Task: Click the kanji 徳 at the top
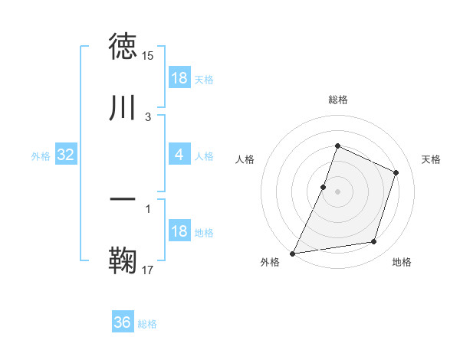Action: pyautogui.click(x=123, y=47)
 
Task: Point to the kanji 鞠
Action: pyautogui.click(x=123, y=260)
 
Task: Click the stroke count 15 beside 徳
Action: pyautogui.click(x=148, y=56)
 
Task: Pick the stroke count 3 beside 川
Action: pyautogui.click(x=148, y=116)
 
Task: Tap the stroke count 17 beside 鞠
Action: pyautogui.click(x=148, y=269)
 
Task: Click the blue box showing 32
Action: pyautogui.click(x=66, y=155)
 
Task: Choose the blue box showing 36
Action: pyautogui.click(x=123, y=322)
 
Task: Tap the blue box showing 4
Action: pyautogui.click(x=179, y=155)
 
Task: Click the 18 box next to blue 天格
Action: pyautogui.click(x=179, y=78)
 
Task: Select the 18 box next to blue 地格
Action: pyautogui.click(x=179, y=231)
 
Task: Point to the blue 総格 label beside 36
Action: pyautogui.click(x=147, y=324)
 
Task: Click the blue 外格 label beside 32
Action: pyautogui.click(x=41, y=156)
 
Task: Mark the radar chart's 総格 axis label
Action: pyautogui.click(x=337, y=100)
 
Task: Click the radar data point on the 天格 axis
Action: pyautogui.click(x=396, y=172)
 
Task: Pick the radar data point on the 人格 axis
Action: pyautogui.click(x=324, y=187)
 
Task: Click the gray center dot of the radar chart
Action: pyautogui.click(x=337, y=191)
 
